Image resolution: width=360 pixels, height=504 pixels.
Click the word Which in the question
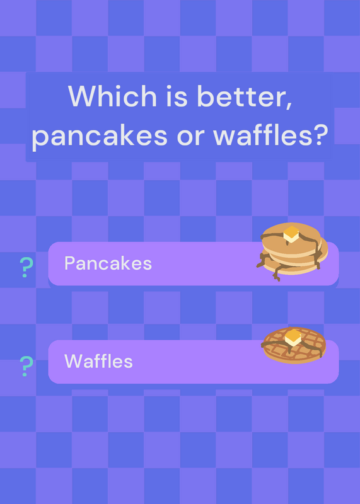(x=112, y=96)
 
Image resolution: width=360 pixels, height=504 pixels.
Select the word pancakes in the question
(x=100, y=135)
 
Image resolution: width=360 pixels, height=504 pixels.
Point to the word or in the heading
(x=190, y=138)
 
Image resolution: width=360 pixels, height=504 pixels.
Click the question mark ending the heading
(x=320, y=135)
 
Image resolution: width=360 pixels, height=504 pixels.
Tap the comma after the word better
(x=288, y=105)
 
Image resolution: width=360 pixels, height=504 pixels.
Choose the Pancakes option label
(x=108, y=263)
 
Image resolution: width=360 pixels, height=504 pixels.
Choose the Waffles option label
(x=98, y=361)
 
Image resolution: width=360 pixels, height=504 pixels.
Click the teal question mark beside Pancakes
(x=26, y=267)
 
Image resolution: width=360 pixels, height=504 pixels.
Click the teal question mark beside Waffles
(x=26, y=366)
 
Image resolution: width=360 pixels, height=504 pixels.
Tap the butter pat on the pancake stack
(x=291, y=234)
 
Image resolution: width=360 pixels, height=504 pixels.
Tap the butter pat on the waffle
(x=293, y=337)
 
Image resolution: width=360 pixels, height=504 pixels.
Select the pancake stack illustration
(x=292, y=251)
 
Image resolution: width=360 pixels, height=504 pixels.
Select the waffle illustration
(x=293, y=345)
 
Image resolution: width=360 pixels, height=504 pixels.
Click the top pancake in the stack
(x=291, y=239)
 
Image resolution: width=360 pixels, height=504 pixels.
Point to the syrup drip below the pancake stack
(x=277, y=275)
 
